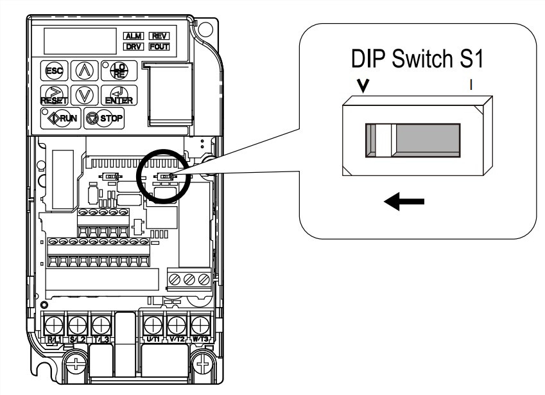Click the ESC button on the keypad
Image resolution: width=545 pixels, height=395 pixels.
coord(52,71)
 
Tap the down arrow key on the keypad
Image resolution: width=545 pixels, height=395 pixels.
coord(85,96)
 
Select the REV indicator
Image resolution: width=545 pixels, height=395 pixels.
coord(157,37)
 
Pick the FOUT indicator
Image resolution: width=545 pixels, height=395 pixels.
coord(157,47)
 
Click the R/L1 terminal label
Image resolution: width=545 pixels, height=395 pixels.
coord(55,337)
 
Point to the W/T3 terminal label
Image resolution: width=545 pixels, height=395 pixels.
coord(200,337)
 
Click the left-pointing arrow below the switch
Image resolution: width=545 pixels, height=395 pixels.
coord(405,202)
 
